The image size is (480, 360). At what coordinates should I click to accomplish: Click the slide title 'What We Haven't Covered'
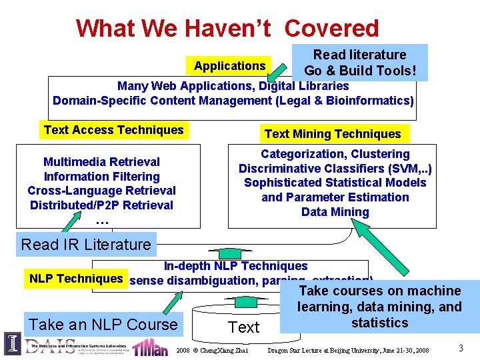click(x=227, y=28)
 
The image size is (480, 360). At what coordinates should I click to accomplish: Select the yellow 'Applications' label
click(x=229, y=66)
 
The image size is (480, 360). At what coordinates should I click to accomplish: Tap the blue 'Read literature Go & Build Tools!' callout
click(x=359, y=63)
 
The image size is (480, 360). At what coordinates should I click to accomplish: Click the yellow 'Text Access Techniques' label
click(x=113, y=130)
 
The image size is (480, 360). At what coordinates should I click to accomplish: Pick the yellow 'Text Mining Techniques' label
click(x=333, y=134)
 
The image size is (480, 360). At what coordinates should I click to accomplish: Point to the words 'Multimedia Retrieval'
click(x=101, y=162)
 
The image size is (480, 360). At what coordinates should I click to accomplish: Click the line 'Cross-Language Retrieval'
click(x=101, y=191)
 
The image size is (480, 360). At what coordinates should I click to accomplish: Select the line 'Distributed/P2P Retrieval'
click(x=101, y=205)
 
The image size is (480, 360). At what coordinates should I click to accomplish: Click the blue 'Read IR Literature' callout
click(x=86, y=244)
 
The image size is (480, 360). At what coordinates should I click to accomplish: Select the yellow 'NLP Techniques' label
click(x=76, y=279)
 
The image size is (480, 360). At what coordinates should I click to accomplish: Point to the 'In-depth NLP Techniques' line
click(x=235, y=266)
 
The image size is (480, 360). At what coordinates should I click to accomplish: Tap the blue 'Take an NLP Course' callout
click(x=103, y=325)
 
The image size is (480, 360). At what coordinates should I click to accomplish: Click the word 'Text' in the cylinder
click(x=243, y=327)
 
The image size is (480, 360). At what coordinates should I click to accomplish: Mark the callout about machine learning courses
click(x=379, y=307)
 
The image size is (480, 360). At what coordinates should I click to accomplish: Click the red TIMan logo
click(x=150, y=347)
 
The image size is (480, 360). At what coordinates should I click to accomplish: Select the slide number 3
click(x=461, y=348)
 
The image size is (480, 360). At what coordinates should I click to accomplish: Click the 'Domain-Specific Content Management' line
click(x=233, y=101)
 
